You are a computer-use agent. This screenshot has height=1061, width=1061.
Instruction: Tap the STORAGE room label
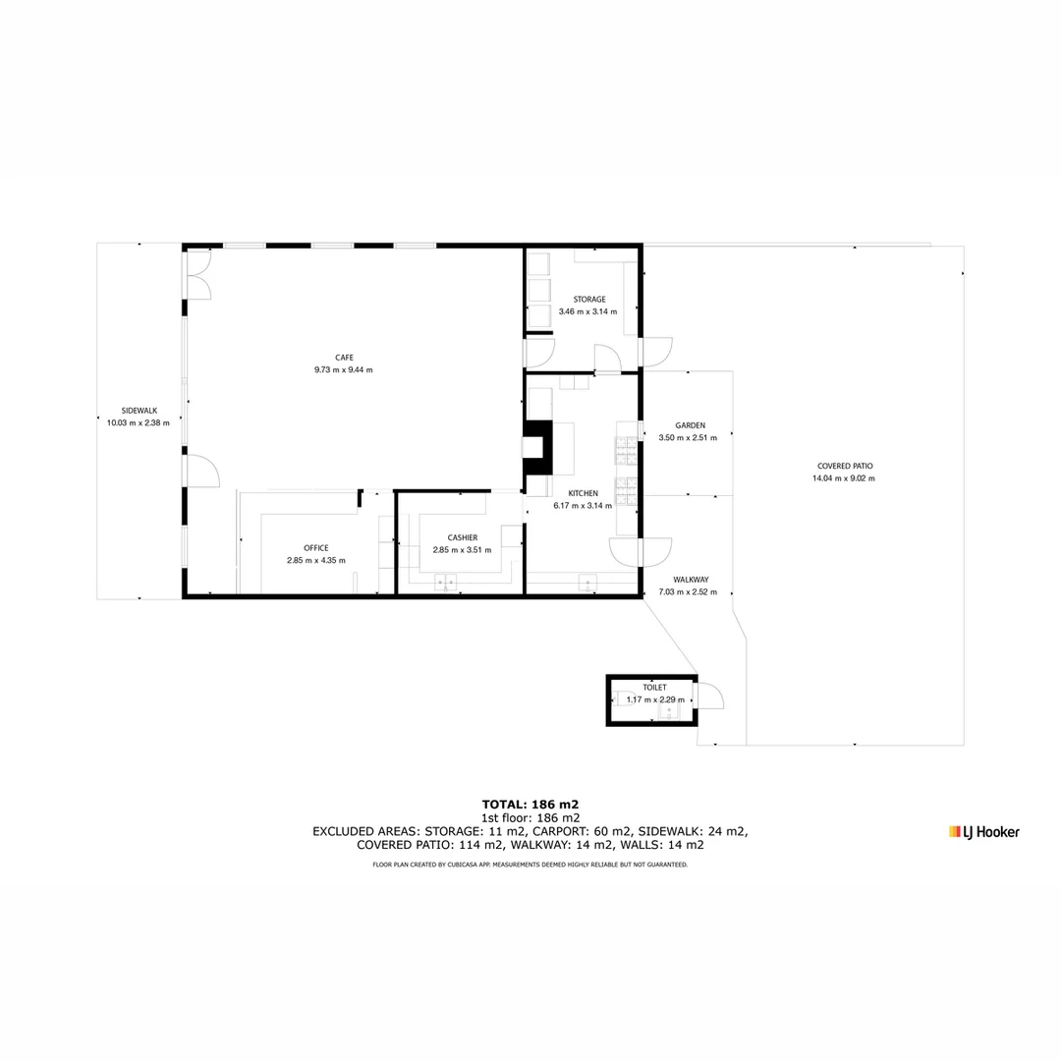coord(589,300)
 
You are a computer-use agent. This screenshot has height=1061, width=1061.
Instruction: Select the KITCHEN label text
coord(583,493)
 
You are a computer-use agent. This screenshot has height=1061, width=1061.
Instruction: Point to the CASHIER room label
coord(462,537)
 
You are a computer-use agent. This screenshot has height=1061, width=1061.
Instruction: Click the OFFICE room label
coord(315,548)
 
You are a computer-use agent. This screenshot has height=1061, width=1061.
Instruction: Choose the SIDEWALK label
coord(139,411)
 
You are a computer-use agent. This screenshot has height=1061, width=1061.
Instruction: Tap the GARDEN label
coord(690,425)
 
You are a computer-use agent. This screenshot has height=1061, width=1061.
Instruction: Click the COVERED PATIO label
coord(844,466)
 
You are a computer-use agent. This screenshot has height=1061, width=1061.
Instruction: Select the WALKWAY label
coord(691,580)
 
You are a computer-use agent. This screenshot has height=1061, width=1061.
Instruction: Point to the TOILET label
coord(654,688)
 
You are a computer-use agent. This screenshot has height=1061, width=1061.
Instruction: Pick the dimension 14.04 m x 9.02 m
coord(843,478)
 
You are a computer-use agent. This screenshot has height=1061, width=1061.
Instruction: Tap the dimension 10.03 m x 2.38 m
coord(139,423)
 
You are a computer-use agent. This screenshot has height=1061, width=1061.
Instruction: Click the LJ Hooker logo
coord(983,832)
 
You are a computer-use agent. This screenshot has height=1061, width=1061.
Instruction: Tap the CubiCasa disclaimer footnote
coord(530,865)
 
